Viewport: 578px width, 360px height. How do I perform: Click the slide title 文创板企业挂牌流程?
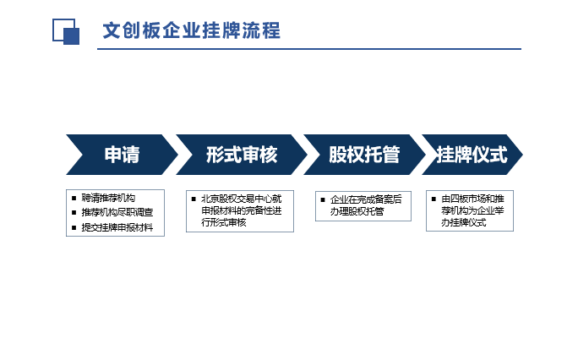point(192,30)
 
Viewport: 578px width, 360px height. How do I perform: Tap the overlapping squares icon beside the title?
point(66,31)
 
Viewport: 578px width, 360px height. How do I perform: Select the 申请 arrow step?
point(122,155)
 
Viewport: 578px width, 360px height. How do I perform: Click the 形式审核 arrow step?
point(242,155)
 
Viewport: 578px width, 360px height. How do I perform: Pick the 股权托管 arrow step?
point(364,155)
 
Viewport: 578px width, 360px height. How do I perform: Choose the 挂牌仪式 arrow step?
point(472,155)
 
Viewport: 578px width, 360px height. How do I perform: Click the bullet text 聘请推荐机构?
point(108,198)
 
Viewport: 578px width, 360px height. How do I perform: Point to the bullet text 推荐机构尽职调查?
point(117,212)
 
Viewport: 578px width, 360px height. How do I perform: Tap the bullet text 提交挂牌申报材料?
point(117,227)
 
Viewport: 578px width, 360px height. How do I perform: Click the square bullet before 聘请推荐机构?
point(74,199)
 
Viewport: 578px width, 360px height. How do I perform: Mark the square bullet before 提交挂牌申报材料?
point(74,227)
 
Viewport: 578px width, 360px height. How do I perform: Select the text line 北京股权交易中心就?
point(242,199)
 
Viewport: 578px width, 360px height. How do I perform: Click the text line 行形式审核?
point(223,222)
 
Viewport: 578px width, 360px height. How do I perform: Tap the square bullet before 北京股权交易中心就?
point(194,199)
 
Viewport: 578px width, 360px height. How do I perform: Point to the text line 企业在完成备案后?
point(366,199)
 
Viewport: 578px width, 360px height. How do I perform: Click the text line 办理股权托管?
point(357,211)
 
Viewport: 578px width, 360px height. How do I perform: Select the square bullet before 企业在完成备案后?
point(323,200)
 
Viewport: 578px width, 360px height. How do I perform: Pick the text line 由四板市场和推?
point(472,199)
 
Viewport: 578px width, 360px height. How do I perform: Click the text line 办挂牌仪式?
point(464,222)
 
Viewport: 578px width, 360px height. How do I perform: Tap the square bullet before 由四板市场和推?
point(433,199)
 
